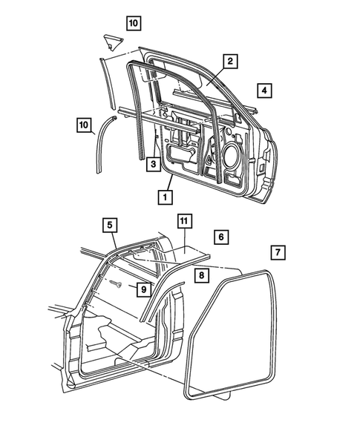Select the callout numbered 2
coord(231,62)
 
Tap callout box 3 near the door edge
coord(151,165)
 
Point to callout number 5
coord(109,224)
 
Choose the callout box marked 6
coord(220,237)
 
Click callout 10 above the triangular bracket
coord(132,23)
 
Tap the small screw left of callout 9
coord(116,283)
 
